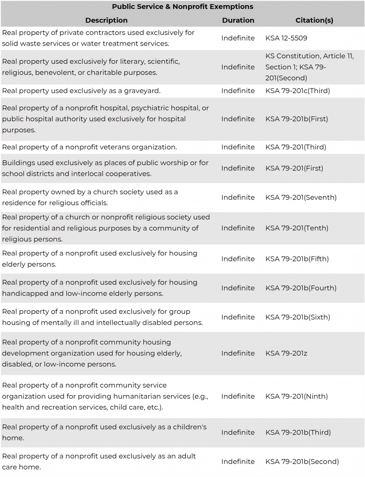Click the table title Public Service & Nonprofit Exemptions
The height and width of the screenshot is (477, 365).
point(182,7)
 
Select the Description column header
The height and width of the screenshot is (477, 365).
point(106,20)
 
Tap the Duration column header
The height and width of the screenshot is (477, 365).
point(238,20)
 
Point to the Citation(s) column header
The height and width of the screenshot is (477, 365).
point(314,20)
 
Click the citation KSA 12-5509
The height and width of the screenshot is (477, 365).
point(286,38)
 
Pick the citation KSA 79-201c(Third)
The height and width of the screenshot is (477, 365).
point(297,91)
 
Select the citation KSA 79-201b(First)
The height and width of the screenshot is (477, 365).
point(296,119)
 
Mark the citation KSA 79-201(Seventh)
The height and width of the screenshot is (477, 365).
point(301,198)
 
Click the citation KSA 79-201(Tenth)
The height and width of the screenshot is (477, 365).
point(296,228)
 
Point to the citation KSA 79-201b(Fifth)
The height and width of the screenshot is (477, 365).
point(296,259)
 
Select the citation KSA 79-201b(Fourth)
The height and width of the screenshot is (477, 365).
point(301,288)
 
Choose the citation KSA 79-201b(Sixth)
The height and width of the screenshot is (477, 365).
point(297,317)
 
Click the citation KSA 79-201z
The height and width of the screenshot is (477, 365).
point(286,354)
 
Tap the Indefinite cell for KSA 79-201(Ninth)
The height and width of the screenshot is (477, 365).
point(238,396)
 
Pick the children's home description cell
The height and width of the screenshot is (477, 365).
point(104,432)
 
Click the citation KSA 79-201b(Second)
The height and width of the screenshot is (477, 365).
point(302,462)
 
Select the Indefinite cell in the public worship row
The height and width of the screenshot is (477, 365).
point(238,168)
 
